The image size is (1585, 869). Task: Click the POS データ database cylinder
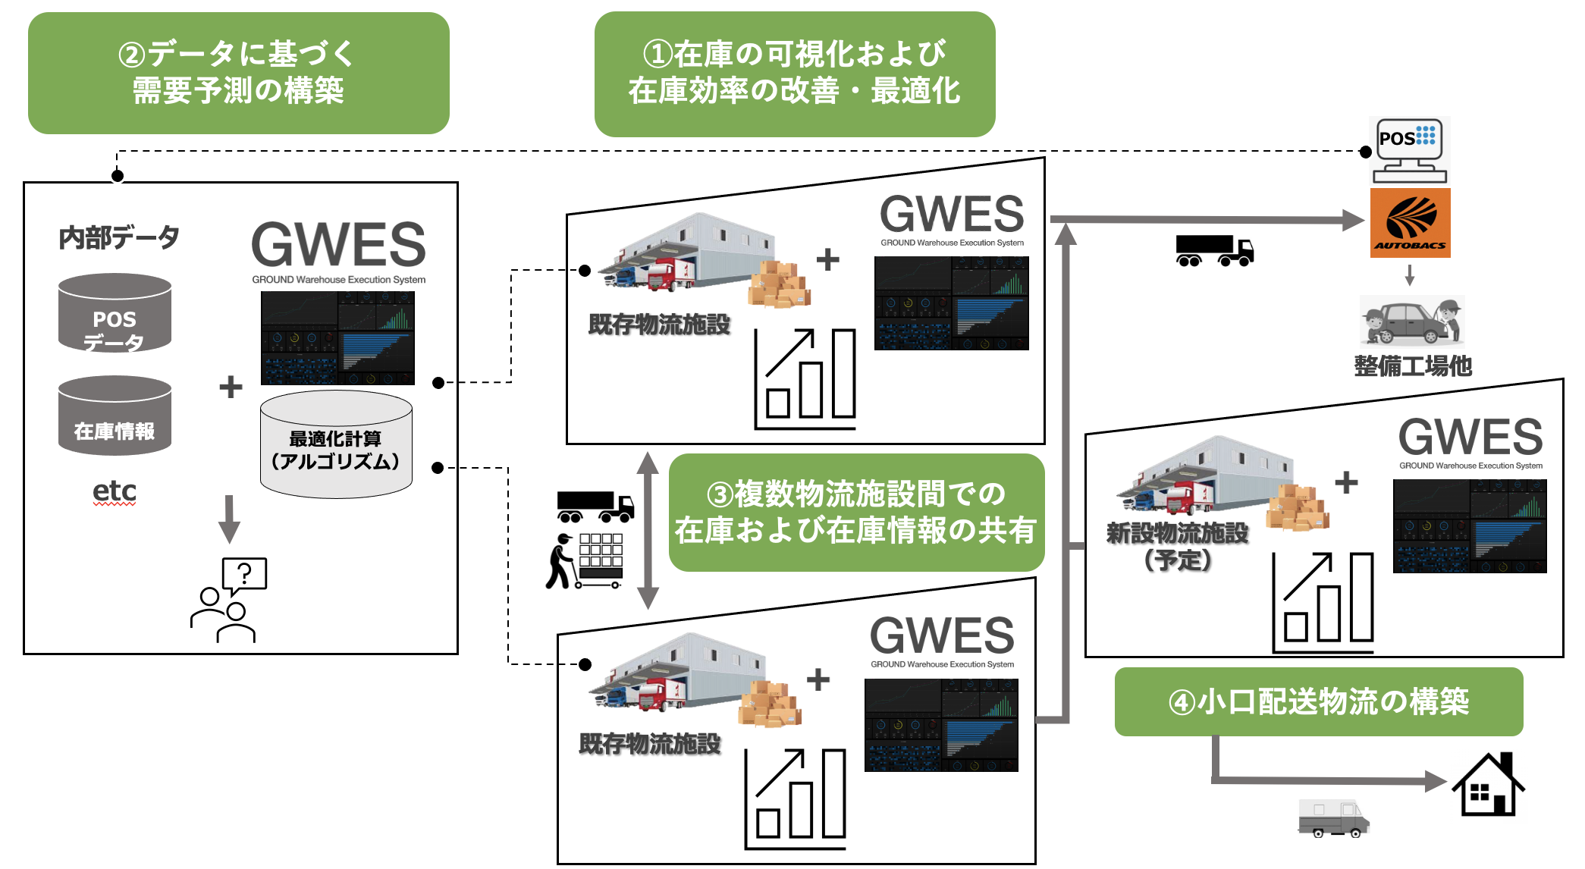coord(115,313)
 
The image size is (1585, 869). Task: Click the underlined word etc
coord(115,491)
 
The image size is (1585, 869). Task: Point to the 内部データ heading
coord(119,237)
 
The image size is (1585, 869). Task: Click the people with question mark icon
coord(228,600)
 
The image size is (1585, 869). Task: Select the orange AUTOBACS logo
coord(1410,223)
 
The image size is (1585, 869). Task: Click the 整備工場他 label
coord(1413,366)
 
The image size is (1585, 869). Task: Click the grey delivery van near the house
coord(1333,818)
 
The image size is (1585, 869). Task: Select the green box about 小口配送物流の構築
coord(1318,701)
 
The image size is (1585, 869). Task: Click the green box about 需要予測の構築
coord(238,73)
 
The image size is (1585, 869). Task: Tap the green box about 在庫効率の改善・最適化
coord(794,74)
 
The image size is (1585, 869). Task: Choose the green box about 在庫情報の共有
coord(855,513)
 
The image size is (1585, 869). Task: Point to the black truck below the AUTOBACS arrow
coord(1214,250)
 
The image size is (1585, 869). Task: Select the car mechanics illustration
coord(1411,322)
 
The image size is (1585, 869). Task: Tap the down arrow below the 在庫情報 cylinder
coord(229,519)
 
